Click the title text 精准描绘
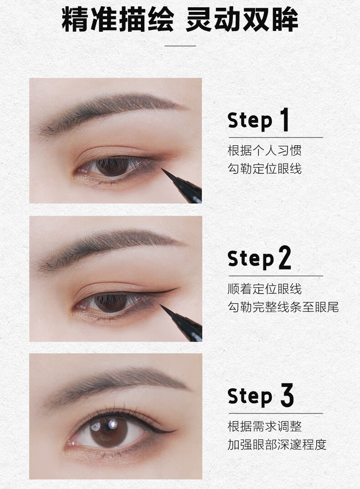(118, 19)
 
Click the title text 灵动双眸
(242, 19)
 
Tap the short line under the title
(180, 46)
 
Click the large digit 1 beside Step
(284, 119)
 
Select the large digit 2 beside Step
(284, 257)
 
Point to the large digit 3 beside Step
(287, 395)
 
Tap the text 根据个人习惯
(265, 150)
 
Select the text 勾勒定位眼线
(265, 169)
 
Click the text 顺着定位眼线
(265, 289)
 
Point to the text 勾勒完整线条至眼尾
(283, 307)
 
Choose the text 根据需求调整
(265, 426)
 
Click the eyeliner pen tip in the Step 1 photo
(162, 169)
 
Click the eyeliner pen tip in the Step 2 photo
(161, 305)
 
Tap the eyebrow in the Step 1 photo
(109, 112)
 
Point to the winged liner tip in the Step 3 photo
(176, 430)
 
